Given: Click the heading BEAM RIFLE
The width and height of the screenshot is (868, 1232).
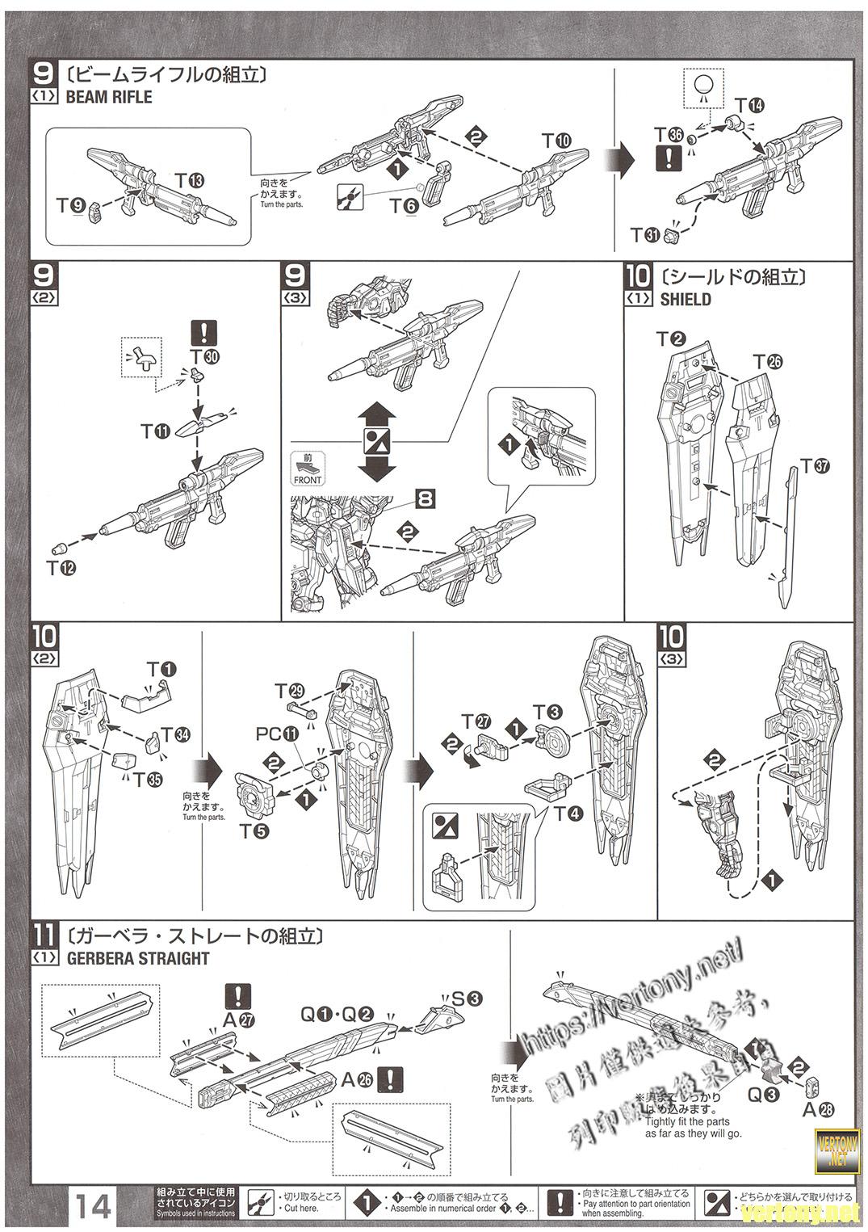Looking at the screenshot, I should coord(108,97).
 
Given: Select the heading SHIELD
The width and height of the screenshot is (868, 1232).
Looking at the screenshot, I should coord(685,299).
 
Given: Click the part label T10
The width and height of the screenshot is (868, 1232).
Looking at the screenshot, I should coord(556,141).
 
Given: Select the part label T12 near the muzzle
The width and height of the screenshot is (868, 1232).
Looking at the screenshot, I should coord(61,568).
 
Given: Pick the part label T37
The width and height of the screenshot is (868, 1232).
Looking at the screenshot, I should coord(815,466).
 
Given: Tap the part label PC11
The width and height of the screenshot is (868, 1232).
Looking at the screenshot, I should coord(276,734).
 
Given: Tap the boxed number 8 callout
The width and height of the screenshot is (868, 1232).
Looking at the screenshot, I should coord(425,498).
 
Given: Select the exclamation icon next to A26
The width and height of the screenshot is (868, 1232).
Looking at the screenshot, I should coord(391,1079).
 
